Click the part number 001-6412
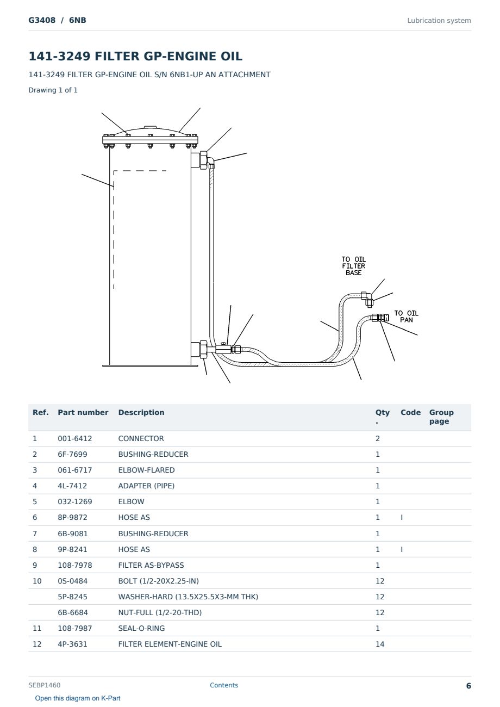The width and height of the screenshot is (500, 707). coord(75,438)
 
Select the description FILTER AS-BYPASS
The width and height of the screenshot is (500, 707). coord(151,565)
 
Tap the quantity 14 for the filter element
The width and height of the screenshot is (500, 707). coord(380,644)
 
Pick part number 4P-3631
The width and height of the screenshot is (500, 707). coord(72,644)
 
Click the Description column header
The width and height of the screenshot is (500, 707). coord(141,412)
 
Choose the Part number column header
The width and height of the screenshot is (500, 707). coord(83,412)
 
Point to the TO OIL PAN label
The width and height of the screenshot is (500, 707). coord(407,317)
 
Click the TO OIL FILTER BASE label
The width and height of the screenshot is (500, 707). coord(354,266)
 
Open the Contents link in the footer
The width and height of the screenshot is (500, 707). coord(224,685)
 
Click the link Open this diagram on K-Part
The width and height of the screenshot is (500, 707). coord(78,698)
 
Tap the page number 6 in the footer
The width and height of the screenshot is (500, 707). coord(468,686)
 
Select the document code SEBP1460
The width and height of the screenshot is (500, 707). coord(45,685)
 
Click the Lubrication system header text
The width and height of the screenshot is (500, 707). coord(439,21)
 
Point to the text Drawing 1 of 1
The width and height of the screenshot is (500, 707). coord(53,90)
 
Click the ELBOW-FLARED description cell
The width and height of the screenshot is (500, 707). coord(146,470)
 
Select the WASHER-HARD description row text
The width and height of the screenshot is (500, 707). coord(188,597)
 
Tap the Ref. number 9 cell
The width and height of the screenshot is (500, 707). coord(35,565)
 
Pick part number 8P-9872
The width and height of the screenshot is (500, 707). coord(72,517)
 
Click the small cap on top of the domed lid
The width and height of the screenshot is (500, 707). coord(150,127)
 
